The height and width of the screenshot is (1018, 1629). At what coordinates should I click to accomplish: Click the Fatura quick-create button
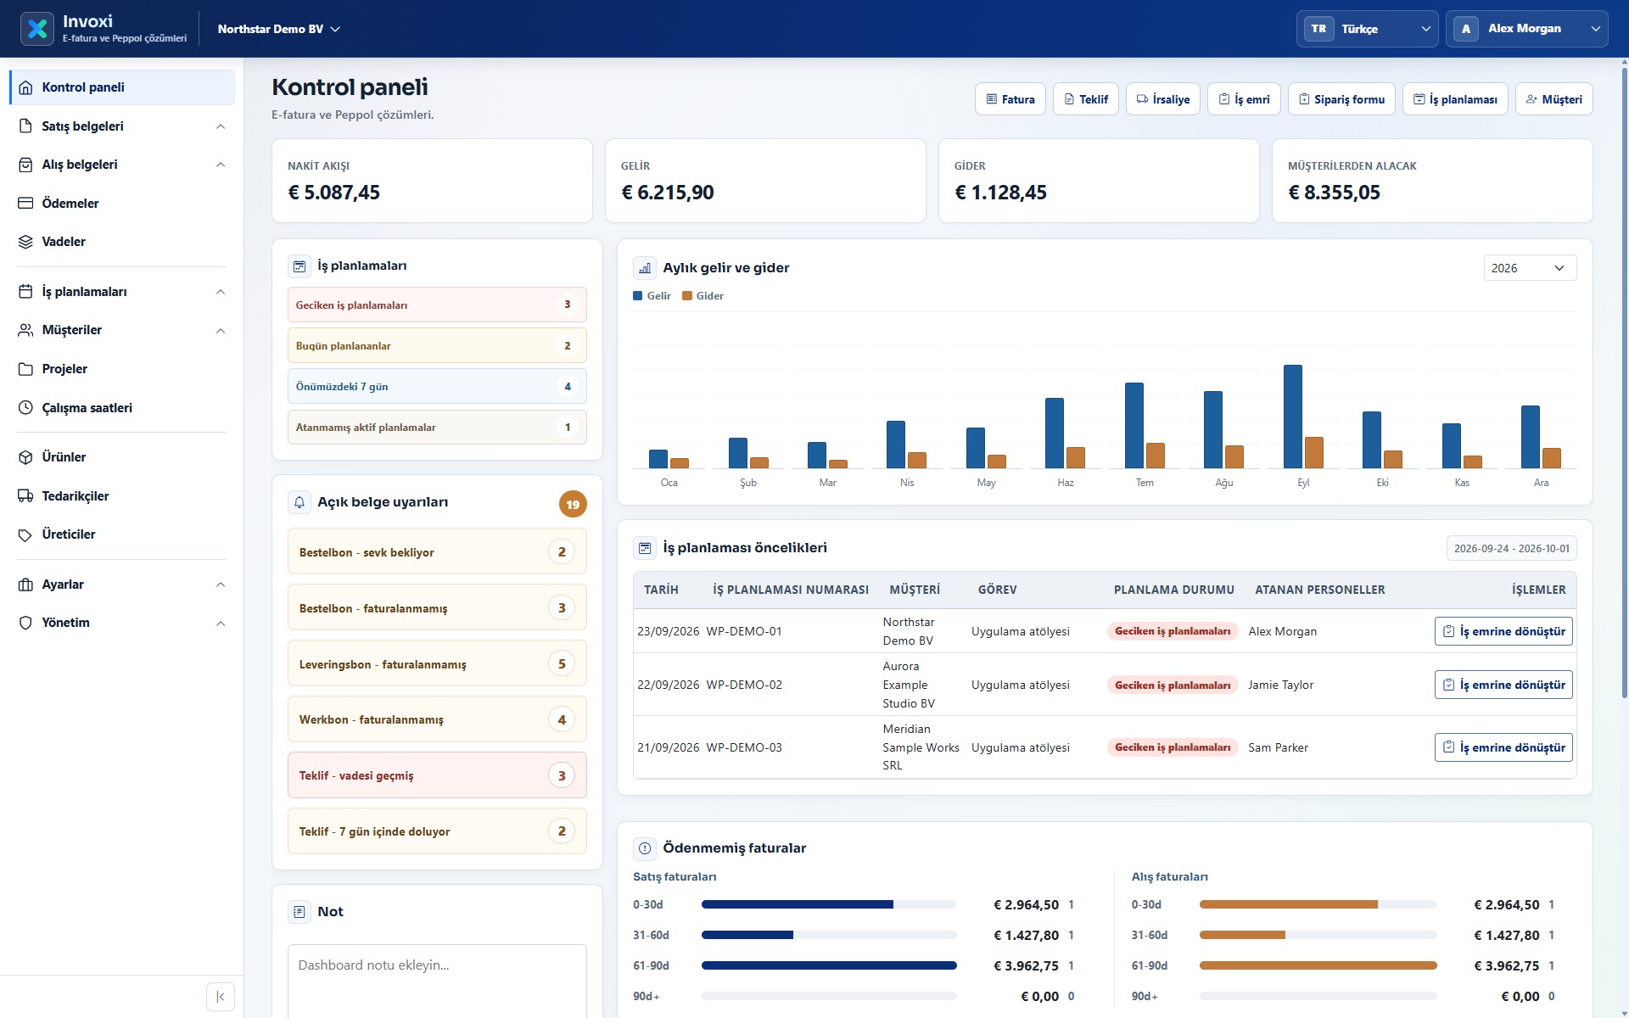[x=1010, y=99]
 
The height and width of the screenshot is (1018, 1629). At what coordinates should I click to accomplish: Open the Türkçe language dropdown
[x=1367, y=29]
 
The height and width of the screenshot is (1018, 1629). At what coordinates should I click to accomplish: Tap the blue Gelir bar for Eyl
[x=1293, y=417]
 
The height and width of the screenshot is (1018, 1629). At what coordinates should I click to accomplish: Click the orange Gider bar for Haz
[x=1076, y=457]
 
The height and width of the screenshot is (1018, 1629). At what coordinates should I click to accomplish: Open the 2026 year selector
[x=1530, y=268]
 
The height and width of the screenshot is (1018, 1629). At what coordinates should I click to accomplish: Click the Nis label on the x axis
[x=907, y=483]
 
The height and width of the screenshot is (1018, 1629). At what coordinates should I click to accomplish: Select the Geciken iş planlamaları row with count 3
[x=437, y=305]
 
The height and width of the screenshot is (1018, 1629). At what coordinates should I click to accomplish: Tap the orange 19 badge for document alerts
[x=573, y=505]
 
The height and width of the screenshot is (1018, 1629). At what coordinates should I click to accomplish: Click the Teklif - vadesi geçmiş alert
[x=437, y=775]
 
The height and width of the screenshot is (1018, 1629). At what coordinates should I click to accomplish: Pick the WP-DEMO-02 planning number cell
[x=744, y=685]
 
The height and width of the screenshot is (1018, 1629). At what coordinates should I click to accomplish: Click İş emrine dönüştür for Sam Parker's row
[x=1503, y=747]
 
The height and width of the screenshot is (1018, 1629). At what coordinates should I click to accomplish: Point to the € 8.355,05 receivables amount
[x=1335, y=193]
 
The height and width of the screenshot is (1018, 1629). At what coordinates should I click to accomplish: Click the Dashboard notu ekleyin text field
[x=437, y=981]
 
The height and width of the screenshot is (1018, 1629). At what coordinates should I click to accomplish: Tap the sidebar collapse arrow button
[x=221, y=997]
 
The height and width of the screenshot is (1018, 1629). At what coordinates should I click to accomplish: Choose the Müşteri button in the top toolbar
[x=1554, y=99]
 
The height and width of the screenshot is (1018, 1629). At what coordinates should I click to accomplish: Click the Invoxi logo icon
[x=37, y=29]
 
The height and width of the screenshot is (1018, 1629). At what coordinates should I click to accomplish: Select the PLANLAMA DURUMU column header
[x=1174, y=590]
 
